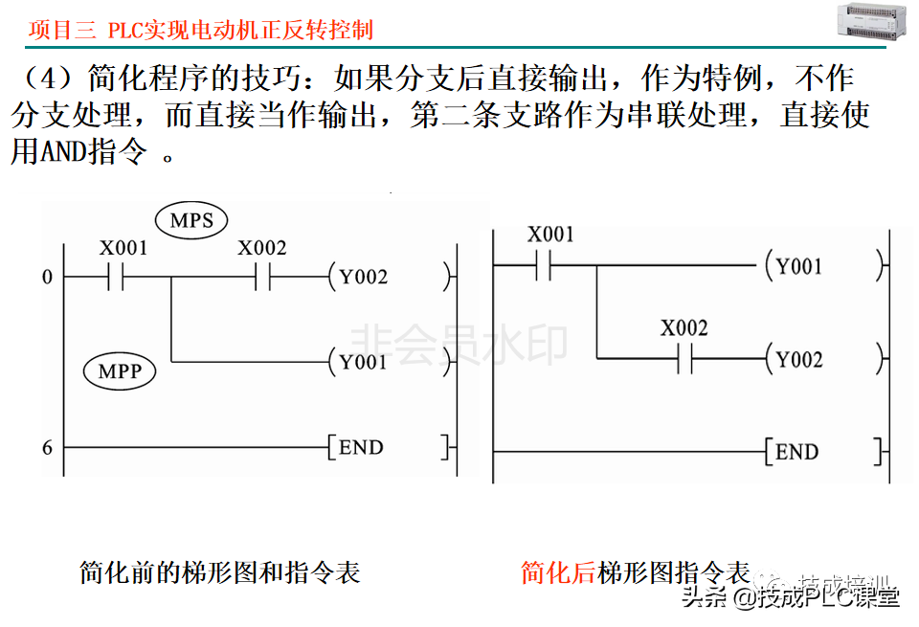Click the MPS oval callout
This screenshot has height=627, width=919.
point(191,221)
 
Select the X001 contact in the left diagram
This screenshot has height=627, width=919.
point(118,278)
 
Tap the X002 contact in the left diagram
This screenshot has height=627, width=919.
point(262,278)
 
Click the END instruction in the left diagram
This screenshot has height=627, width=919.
point(360,448)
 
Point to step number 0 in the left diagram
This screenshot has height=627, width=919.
point(47,279)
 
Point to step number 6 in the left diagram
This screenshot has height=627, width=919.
point(47,448)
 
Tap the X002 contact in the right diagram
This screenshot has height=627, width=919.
point(684,359)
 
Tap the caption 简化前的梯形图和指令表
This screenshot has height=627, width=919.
point(219,572)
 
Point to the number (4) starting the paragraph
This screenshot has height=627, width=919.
point(45,78)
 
